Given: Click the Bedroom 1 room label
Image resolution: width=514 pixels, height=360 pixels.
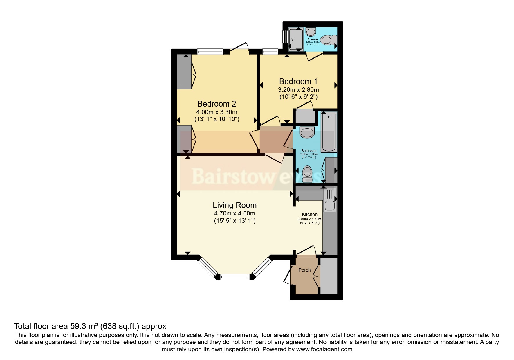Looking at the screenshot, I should coord(298,81).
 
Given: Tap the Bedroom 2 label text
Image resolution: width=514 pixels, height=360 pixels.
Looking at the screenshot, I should coord(217,104).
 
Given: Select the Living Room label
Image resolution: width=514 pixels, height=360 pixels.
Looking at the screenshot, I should coord(235,205).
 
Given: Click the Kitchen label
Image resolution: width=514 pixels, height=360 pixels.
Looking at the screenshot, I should coord(309,214).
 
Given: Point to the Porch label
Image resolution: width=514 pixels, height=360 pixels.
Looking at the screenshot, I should coord(304,270).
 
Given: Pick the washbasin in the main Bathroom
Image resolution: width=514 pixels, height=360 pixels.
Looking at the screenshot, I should coord(307,132).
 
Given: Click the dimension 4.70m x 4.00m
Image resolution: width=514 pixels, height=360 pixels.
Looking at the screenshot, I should coord(235,213).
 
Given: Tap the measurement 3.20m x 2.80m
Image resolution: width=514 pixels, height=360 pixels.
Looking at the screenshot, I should coord(298,89).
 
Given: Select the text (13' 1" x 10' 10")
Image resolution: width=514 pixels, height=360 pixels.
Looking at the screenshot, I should coord(217,119).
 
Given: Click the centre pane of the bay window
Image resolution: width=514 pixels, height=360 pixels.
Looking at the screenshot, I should coord(235,277).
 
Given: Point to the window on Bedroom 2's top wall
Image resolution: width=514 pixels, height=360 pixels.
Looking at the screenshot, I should coord(210,52).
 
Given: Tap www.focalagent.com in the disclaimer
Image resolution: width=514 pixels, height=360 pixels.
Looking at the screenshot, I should coord(324,349).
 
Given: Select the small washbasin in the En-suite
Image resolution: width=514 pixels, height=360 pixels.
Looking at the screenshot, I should coord(311,31).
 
